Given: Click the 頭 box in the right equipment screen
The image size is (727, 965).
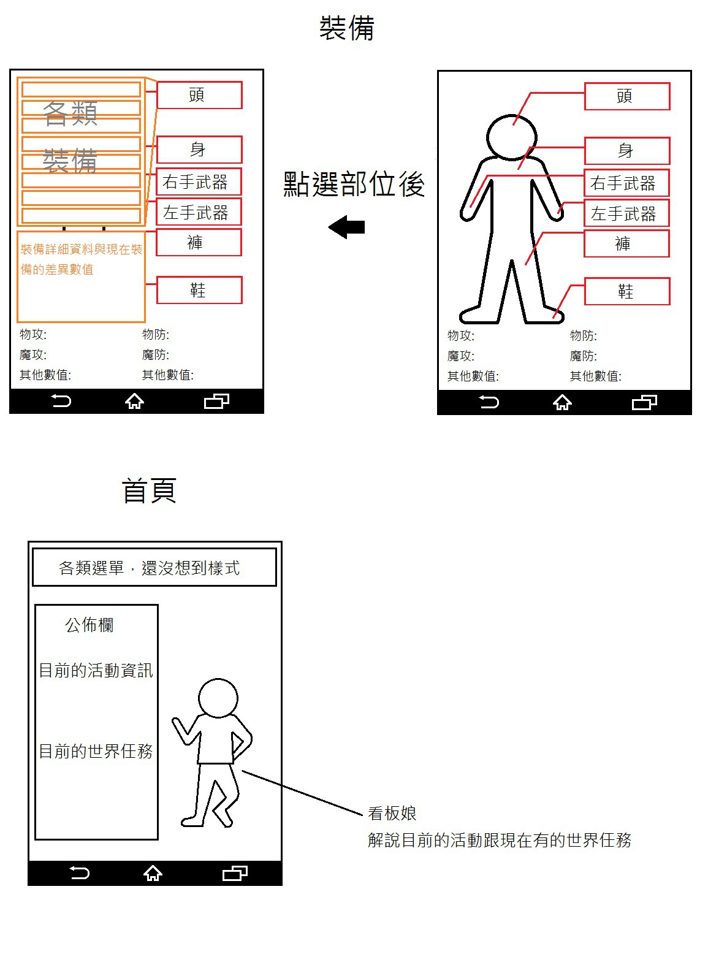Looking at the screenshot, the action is [x=626, y=96].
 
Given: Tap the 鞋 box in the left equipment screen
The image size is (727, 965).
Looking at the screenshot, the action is [x=199, y=289].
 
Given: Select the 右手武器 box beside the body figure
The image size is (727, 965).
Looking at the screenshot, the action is [x=626, y=183].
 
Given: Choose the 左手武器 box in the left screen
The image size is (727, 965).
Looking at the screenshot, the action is [x=199, y=212].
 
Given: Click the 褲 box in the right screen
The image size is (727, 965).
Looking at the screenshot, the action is [x=626, y=243].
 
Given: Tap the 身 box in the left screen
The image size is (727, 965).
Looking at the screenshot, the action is [x=199, y=149].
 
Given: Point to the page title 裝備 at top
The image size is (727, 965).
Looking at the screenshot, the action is [x=346, y=28].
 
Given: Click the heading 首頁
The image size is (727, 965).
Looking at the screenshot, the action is [x=149, y=490].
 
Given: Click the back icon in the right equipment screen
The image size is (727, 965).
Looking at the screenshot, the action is [x=489, y=402].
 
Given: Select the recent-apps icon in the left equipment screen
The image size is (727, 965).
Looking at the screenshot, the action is [x=216, y=400].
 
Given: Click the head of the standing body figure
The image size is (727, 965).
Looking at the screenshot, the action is [x=511, y=137].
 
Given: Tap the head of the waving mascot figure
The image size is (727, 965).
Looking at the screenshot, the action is [x=218, y=698].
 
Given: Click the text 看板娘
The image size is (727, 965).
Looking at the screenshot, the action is [x=392, y=813].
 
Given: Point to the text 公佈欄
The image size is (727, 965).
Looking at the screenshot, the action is [x=89, y=624].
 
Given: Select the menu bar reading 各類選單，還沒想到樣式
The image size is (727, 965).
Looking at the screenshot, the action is [x=154, y=567].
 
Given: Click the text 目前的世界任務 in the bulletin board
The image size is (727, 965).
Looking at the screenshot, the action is [x=96, y=751].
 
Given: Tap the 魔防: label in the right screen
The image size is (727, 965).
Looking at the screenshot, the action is [x=583, y=356].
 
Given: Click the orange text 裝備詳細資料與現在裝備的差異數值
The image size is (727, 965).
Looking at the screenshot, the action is [x=82, y=259].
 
